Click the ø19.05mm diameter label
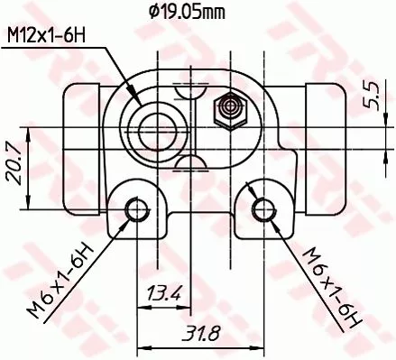point(187,12)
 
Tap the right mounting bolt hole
point(262,209)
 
